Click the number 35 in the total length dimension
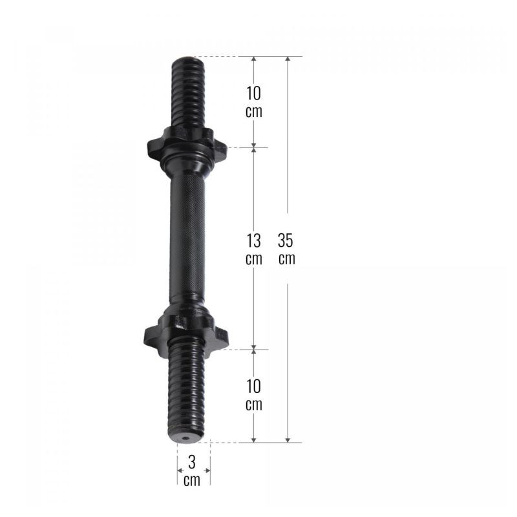285,240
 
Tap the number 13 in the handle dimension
253,240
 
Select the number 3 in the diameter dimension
192,462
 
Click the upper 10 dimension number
253,93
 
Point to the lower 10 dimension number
253,386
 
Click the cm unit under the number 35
286,259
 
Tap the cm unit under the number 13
254,259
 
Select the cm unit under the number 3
192,480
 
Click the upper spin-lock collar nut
187,144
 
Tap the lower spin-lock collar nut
186,333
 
